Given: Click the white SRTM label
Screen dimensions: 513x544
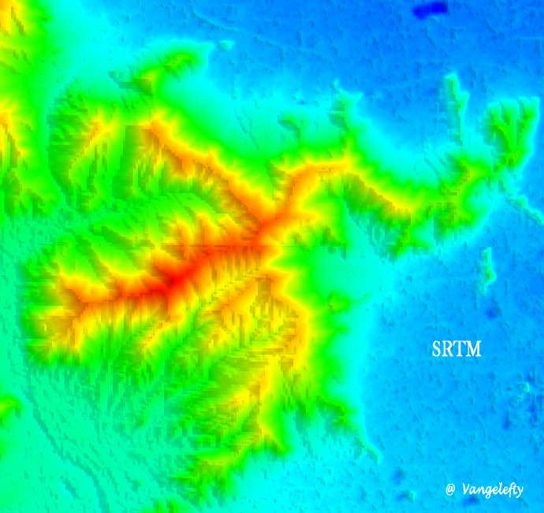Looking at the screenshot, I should pos(456,348).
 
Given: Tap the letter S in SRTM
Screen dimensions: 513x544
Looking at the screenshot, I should pos(436,348).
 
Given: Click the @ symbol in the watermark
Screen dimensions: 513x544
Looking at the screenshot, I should pos(450,489).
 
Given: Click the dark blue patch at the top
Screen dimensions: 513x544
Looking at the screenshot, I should pos(430,10).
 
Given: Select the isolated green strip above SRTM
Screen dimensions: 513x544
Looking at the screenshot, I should pos(487,268).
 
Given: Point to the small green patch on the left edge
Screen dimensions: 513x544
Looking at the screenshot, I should pos(8,407).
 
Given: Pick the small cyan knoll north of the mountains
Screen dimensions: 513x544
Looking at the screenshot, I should pos(225,45).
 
